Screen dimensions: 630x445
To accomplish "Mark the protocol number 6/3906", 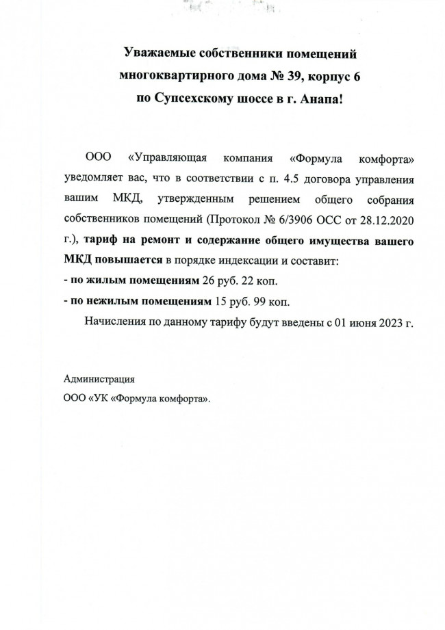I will point(301,220).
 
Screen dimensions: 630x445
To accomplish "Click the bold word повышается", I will point(128,261).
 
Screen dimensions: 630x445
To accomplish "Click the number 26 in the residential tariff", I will point(209,281).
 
